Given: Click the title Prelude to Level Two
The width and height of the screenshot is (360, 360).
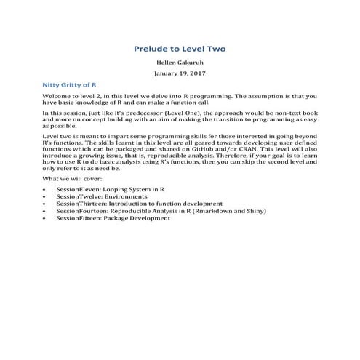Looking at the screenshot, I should (180, 49).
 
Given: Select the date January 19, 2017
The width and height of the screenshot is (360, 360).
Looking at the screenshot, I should (180, 74).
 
